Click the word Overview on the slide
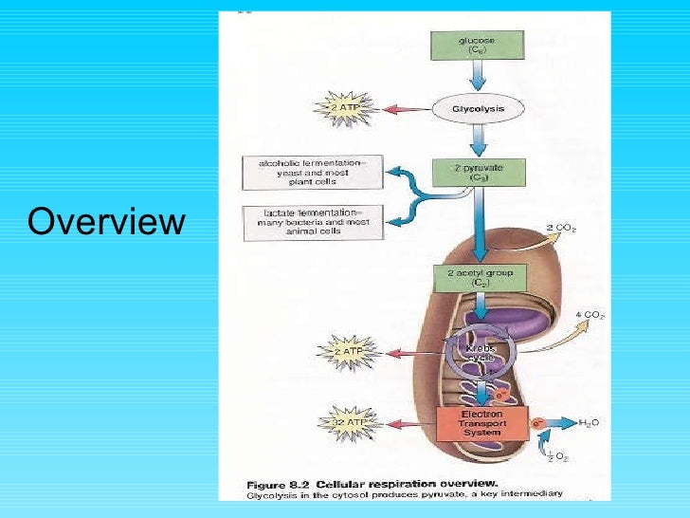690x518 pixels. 105,222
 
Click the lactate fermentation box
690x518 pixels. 312,223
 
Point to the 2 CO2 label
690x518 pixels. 563,229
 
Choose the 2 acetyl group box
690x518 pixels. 480,277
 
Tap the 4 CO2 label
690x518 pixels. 589,314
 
